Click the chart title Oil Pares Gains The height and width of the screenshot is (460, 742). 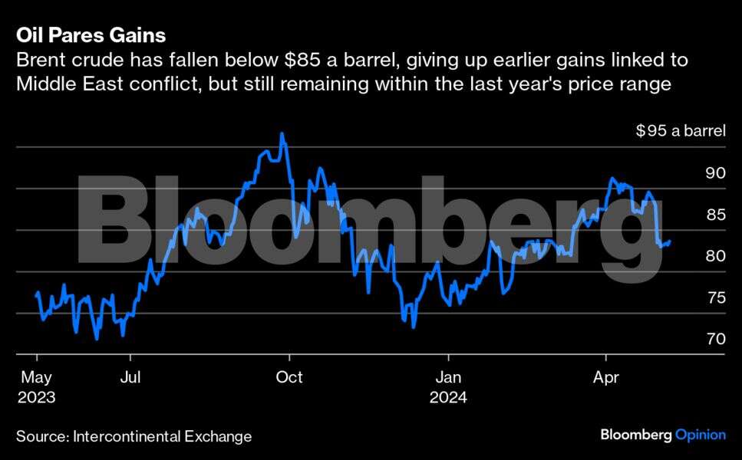91,35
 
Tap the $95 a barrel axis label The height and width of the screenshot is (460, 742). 680,131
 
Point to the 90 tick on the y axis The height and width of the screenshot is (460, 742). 715,173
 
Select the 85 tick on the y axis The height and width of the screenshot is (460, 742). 715,215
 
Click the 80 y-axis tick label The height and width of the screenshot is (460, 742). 715,256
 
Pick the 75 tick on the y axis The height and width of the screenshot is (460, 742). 715,297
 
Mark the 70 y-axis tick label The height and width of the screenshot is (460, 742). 715,339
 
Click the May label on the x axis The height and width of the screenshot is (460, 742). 36,377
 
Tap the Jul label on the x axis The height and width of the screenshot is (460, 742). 130,377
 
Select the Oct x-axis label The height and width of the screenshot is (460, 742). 289,377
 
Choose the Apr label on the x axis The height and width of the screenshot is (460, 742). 606,377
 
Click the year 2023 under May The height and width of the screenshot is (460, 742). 36,398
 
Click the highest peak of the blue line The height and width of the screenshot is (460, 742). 282,133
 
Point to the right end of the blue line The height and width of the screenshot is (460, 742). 671,242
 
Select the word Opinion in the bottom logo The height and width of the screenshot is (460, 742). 700,435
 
